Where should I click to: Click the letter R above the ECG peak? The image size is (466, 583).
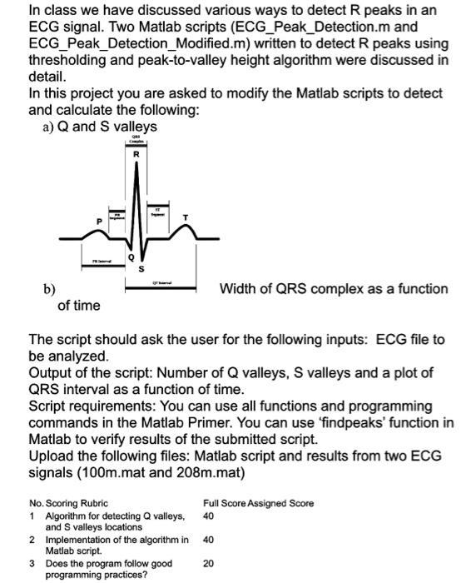[x=136, y=154]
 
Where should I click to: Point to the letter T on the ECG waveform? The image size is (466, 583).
[x=185, y=217]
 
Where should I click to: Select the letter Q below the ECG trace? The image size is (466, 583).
[x=130, y=258]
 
